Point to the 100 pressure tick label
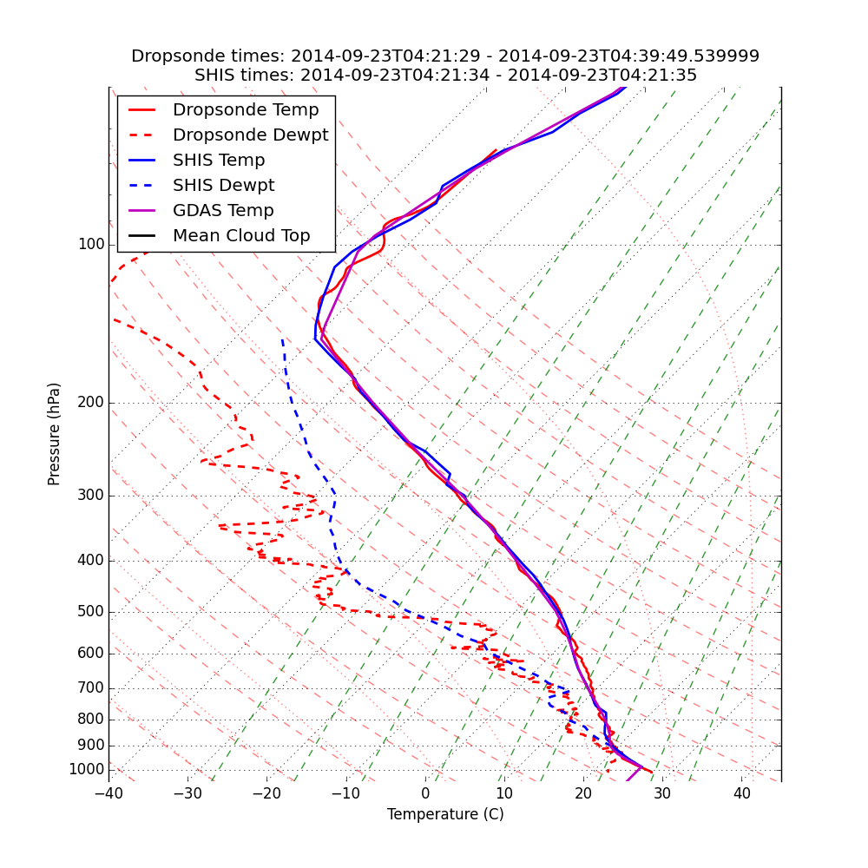coord(91,245)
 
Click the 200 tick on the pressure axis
coord(91,403)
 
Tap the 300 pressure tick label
coord(91,496)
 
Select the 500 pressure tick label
coord(91,612)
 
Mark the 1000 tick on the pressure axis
coord(87,770)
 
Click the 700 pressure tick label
coord(91,688)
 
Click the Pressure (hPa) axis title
coord(55,434)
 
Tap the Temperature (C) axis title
coord(445,814)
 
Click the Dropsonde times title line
coord(445,56)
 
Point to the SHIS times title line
coord(445,76)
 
